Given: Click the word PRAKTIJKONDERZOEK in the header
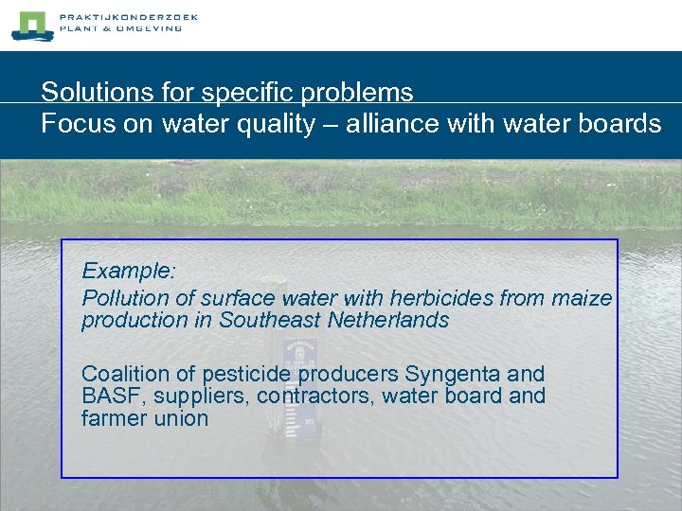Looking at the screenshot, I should (128, 17).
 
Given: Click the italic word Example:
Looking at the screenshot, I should (129, 271).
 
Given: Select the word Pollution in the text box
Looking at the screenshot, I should (122, 298).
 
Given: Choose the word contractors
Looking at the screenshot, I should (317, 396).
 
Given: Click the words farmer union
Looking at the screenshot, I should (144, 417).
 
